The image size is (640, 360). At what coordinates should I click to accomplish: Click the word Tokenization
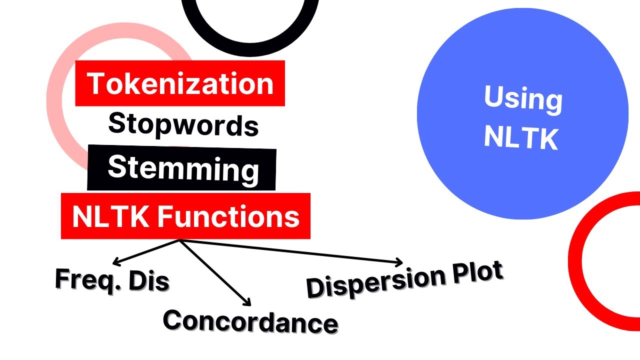click(180, 83)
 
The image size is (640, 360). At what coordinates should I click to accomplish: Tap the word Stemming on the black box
click(183, 169)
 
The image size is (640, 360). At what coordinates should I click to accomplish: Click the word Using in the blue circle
click(523, 98)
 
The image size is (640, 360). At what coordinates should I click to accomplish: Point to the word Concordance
click(250, 321)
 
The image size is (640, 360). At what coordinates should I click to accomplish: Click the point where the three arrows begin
click(179, 240)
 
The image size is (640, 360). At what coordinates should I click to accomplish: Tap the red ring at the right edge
click(580, 280)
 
